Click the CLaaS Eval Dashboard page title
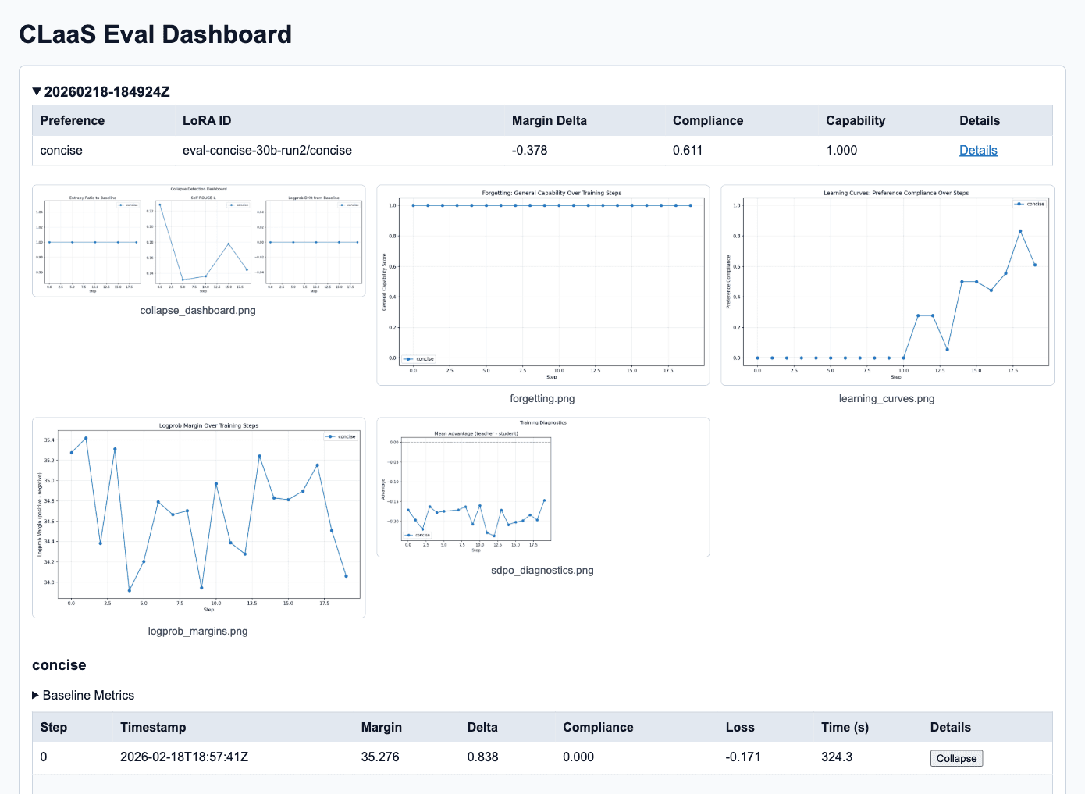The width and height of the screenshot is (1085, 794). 155,34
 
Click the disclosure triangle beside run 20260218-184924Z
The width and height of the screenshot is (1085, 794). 37,92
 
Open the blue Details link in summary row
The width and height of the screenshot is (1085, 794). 978,150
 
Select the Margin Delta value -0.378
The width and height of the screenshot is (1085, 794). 529,150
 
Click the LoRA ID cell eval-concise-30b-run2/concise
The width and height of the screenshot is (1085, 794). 267,150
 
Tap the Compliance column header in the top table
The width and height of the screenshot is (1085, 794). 707,120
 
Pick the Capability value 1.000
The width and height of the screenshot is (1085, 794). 841,150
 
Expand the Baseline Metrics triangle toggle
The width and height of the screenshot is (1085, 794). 36,695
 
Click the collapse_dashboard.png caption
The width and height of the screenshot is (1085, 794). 197,310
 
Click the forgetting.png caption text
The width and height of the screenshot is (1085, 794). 542,398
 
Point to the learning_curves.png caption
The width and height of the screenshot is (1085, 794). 886,398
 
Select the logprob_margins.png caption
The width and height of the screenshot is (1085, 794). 197,631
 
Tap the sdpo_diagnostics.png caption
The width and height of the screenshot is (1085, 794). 542,570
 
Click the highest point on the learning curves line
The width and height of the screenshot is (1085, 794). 1020,231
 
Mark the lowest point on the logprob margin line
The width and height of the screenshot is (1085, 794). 129,590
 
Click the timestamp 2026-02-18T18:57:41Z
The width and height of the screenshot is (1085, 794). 184,757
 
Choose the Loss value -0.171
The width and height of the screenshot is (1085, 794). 742,757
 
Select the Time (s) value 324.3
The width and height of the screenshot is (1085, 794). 837,757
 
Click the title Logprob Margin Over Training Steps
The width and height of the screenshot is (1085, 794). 208,425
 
